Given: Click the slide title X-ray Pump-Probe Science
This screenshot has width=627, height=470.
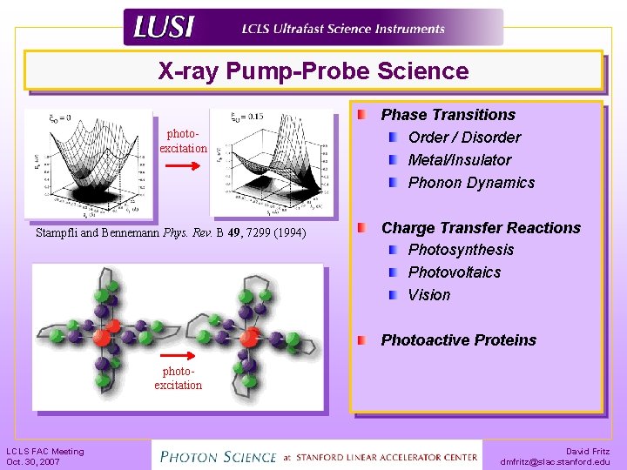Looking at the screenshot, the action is pos(313,71).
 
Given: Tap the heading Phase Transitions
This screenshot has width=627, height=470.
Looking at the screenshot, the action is pos(448,115).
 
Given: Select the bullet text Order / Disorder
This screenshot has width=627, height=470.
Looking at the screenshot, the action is pos(464,138).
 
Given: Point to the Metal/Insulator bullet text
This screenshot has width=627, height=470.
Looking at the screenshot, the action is pos(459,160).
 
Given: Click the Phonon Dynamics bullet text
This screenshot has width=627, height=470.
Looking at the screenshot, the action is pos(471,183).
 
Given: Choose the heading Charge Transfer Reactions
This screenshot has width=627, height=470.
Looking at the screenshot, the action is pos(481,228).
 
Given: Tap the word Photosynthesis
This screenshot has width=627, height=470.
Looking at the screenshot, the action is pos(461,250).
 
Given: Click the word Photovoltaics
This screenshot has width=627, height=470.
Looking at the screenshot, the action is pos(455,272).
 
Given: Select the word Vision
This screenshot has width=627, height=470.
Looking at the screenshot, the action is pos(429,295).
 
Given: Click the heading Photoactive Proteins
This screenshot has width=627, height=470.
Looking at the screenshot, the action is pos(458,340).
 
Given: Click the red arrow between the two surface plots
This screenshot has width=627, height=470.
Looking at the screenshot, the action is pos(183,163).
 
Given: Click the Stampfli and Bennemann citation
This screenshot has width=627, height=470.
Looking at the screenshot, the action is pos(171,233).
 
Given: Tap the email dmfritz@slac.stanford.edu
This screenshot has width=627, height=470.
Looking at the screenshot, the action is pos(556,462).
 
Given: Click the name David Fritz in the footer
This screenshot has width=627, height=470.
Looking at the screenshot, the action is pos(588,452).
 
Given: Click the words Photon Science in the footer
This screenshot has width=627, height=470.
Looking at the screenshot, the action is pos(214,454).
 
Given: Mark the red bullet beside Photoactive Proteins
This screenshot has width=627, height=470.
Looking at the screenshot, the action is pos(361,339).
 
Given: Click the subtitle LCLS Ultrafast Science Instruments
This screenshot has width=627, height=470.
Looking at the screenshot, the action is pos(343,29).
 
